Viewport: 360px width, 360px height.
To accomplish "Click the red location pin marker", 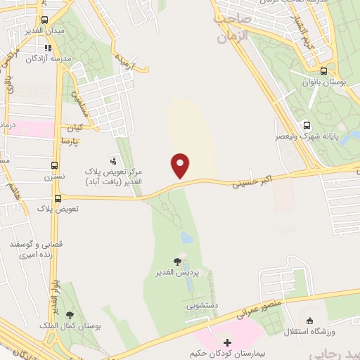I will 181,165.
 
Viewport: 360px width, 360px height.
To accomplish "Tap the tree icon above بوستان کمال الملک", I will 69,316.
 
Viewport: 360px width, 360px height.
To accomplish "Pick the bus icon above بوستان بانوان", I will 323,71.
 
